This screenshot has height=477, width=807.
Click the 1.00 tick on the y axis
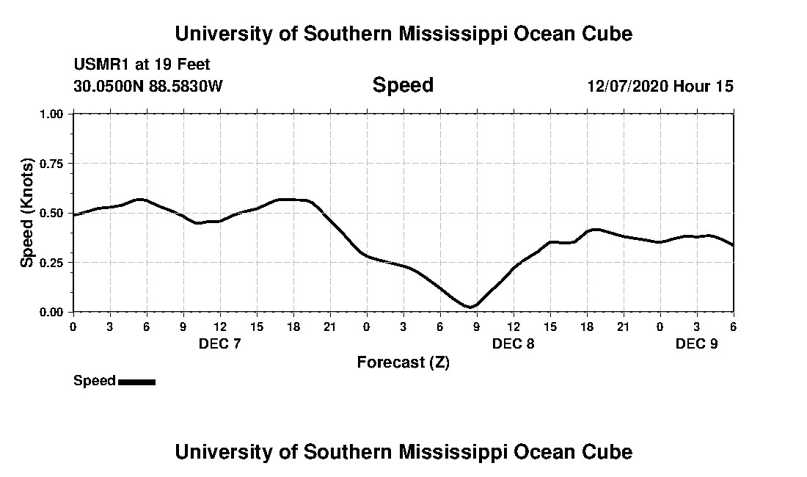tap(53, 114)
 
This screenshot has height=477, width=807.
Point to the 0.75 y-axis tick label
tap(53, 164)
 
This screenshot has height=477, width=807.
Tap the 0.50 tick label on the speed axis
tap(53, 214)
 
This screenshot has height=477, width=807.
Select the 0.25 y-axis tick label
tap(53, 263)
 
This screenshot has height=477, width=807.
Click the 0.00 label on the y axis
tap(53, 312)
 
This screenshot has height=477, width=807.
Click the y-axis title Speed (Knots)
tap(27, 212)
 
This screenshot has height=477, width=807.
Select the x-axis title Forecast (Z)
tap(403, 362)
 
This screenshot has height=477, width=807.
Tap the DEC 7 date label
tap(219, 343)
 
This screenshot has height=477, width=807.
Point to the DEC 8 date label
tap(513, 343)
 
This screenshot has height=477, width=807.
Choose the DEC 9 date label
tap(696, 343)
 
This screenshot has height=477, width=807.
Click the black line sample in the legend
tap(136, 382)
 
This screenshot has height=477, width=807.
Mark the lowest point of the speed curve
tap(470, 307)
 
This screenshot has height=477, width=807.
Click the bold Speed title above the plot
tap(403, 85)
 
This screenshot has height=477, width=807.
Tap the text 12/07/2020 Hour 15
tap(660, 87)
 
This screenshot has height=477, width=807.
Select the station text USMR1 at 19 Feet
tap(142, 65)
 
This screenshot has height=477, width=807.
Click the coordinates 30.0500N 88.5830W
tap(147, 87)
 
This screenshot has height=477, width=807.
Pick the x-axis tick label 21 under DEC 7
tap(329, 327)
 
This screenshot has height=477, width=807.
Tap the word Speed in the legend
tap(94, 381)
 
